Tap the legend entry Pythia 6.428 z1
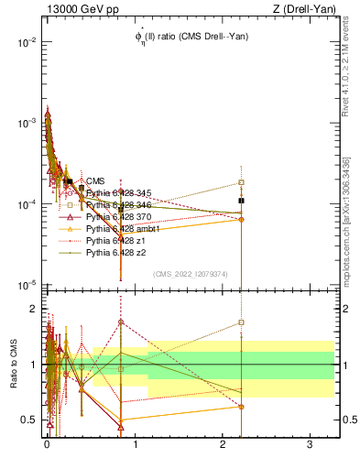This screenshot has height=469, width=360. click(x=115, y=240)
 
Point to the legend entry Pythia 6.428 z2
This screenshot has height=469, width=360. click(x=115, y=252)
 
